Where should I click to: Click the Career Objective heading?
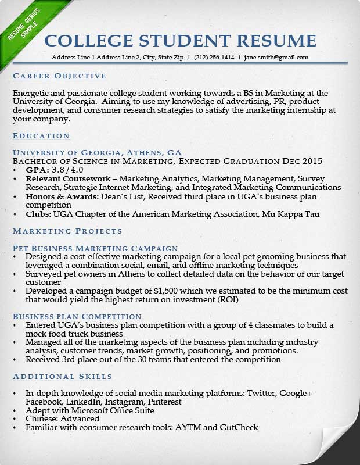[x=59, y=76]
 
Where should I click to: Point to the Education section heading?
[x=41, y=136]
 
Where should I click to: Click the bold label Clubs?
[x=39, y=214]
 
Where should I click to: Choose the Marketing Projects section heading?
[x=67, y=231]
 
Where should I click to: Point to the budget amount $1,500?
[x=166, y=291]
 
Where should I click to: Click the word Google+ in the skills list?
[x=296, y=394]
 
